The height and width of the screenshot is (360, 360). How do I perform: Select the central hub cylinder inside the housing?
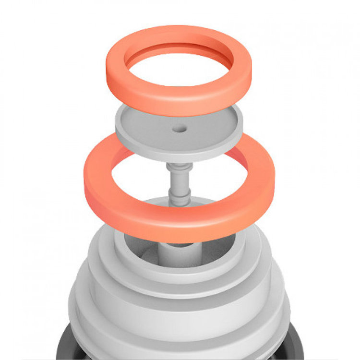(176, 252)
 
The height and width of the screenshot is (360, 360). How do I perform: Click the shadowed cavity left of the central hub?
(144, 250)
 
